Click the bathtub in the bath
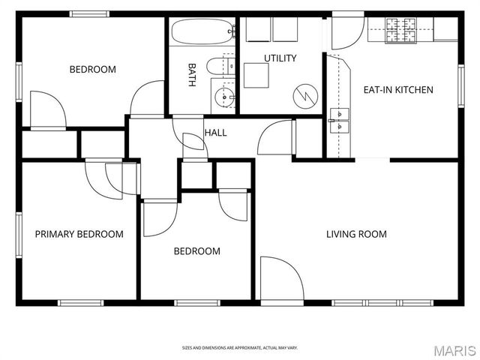point(203,31)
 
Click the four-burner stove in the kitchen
point(401,30)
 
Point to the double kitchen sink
point(340,121)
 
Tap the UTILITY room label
point(280,58)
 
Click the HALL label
point(215,133)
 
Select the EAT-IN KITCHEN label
point(398,90)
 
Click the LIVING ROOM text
point(356,234)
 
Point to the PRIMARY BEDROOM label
point(79,234)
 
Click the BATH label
point(192,75)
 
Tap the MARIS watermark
point(454,350)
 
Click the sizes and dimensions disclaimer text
point(240,348)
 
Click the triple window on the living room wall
point(382,303)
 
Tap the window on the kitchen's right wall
point(461,86)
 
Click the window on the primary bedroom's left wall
point(19,235)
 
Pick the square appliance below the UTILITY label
point(256,75)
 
